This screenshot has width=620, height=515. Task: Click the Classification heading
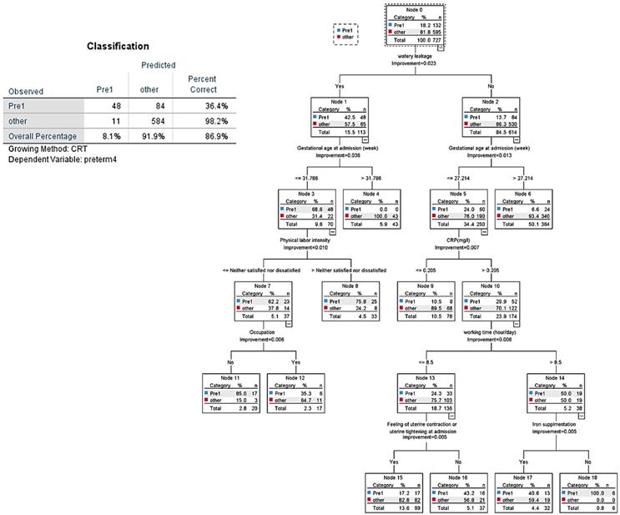coord(118,47)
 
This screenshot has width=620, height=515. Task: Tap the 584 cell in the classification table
coord(147,120)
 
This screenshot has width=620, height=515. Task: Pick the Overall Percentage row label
coord(42,135)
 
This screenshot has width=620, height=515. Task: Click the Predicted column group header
coord(157,64)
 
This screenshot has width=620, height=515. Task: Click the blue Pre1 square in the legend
coord(339,29)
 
